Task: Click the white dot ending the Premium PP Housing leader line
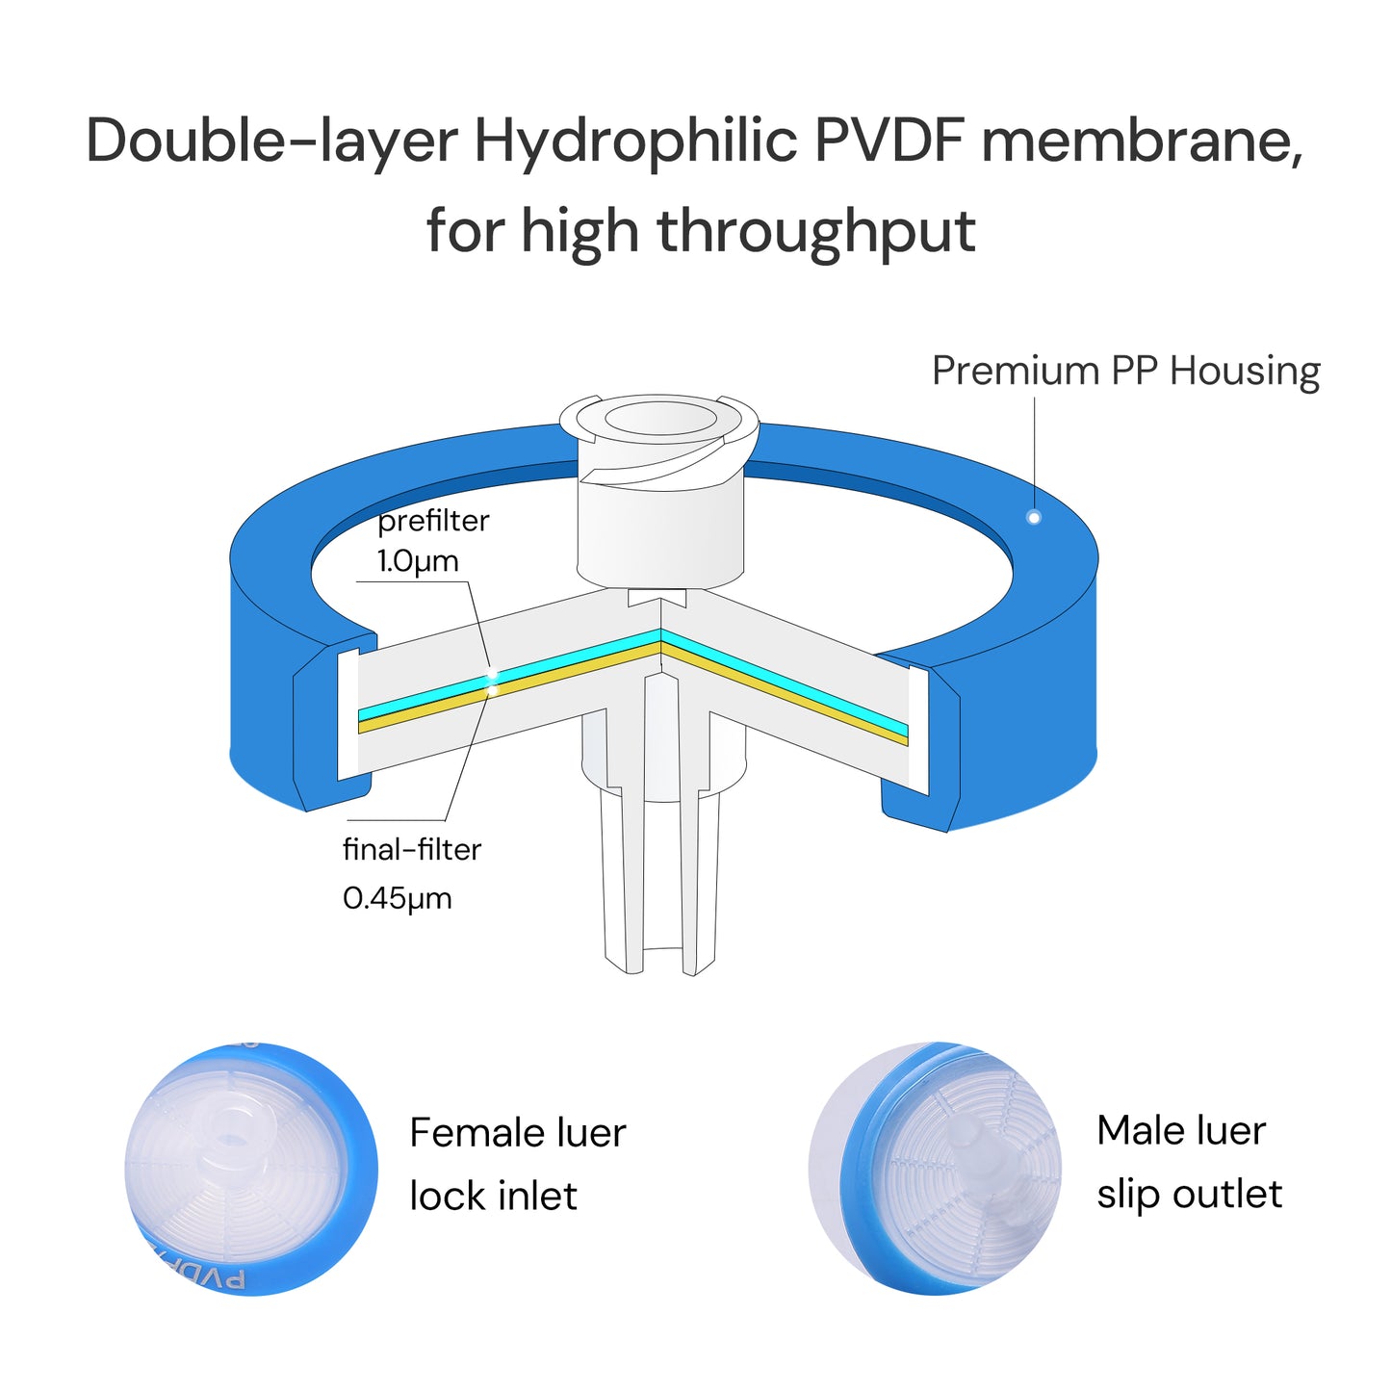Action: [x=1034, y=517]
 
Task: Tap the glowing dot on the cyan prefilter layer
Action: [x=492, y=675]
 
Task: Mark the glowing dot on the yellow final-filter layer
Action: [x=492, y=691]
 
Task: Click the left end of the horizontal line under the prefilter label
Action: [x=356, y=581]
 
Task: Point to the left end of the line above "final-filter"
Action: [x=348, y=820]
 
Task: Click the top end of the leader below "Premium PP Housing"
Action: [x=1035, y=398]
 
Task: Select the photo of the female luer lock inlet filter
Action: [x=251, y=1169]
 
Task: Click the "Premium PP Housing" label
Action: [x=1125, y=371]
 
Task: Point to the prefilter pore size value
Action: [x=418, y=561]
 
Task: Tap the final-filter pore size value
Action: [x=397, y=899]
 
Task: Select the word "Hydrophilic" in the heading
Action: [x=635, y=142]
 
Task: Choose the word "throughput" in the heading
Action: [x=816, y=232]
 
